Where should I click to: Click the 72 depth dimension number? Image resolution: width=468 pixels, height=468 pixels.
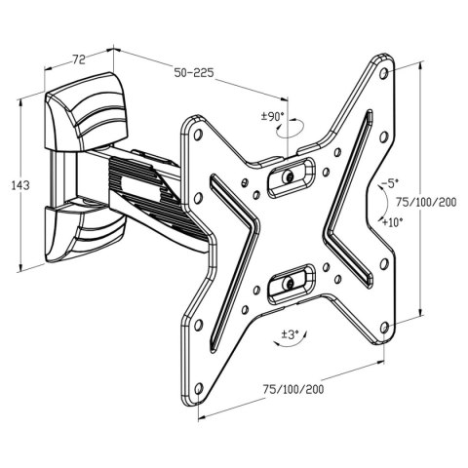[80, 60]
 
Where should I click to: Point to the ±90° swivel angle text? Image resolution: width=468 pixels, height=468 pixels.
[271, 117]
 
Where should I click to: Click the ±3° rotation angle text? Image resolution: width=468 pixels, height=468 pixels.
[290, 336]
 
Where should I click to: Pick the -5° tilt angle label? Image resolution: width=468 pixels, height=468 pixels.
[389, 182]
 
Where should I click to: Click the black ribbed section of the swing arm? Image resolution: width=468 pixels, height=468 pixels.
[146, 185]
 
